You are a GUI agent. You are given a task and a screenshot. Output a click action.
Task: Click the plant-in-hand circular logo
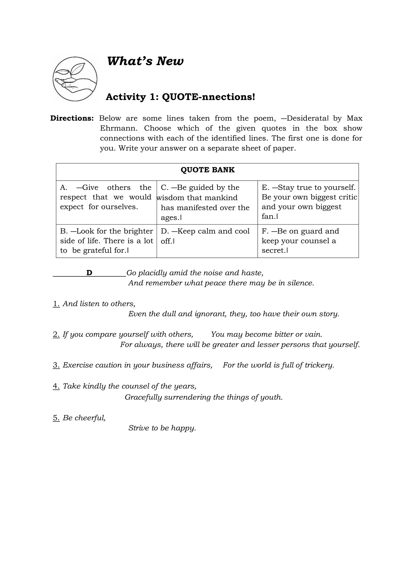click(75, 79)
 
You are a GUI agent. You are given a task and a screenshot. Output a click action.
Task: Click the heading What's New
click(145, 61)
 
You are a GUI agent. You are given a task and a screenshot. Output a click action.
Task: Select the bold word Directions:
click(72, 118)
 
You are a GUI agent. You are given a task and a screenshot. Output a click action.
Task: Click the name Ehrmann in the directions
click(119, 128)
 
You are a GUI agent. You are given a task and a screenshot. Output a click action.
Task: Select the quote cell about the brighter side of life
click(106, 240)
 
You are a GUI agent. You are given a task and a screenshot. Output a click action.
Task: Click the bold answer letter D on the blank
click(89, 273)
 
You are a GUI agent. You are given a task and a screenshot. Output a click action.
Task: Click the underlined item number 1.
click(56, 304)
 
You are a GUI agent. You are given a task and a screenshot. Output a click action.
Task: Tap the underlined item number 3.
click(56, 365)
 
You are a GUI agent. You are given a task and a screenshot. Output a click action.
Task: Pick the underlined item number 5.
click(56, 418)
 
